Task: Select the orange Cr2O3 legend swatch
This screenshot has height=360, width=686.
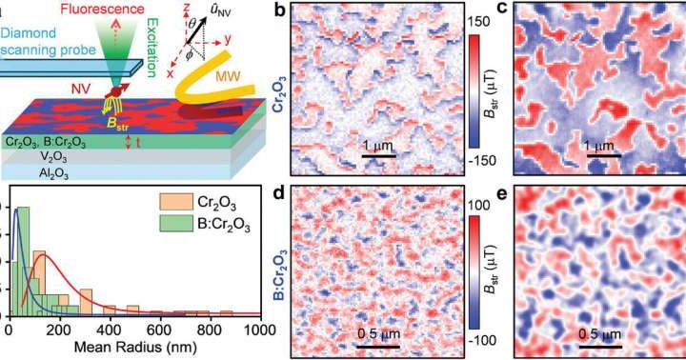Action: tap(165, 203)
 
